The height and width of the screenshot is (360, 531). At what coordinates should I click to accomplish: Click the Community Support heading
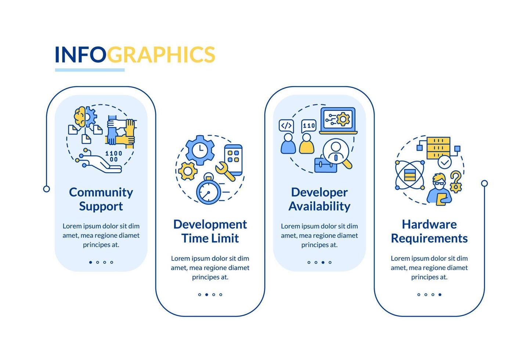click(101, 199)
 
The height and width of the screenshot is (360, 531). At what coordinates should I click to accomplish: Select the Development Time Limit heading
click(210, 231)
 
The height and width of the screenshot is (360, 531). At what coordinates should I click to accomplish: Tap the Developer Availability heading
click(319, 199)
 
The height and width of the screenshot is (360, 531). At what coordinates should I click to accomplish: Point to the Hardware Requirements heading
click(429, 231)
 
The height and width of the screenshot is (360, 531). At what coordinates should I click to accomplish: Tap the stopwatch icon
click(208, 189)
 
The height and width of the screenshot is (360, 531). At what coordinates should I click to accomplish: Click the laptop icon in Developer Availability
click(338, 120)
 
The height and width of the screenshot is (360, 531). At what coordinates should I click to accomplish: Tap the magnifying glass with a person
click(337, 152)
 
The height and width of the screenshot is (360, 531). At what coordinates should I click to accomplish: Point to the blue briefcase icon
click(325, 164)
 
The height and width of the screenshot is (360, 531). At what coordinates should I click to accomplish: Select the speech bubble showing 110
click(308, 126)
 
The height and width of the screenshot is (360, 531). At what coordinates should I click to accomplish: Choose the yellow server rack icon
click(438, 148)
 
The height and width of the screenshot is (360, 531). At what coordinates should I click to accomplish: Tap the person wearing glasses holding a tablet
click(439, 189)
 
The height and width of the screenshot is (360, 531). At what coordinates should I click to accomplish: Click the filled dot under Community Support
click(91, 262)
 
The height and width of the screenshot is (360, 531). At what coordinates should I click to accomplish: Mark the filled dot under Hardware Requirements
click(440, 295)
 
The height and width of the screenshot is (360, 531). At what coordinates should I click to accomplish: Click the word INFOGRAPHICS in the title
click(135, 54)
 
